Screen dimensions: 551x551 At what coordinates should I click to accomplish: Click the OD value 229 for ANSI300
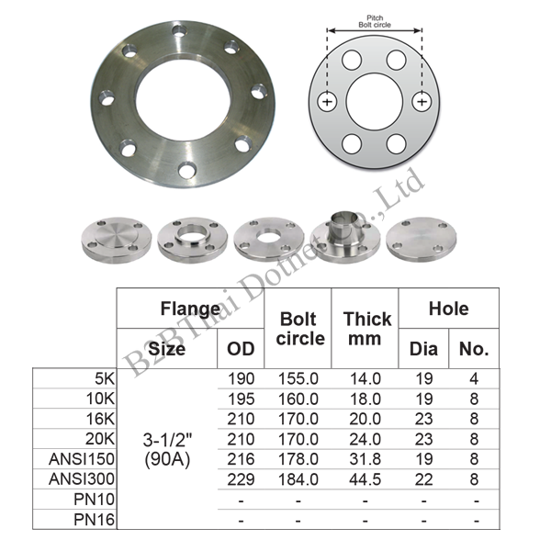241,479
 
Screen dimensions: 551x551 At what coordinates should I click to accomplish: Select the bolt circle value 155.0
298,378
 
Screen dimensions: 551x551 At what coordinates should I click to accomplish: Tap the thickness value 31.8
365,459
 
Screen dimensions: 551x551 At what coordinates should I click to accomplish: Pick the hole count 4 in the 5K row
474,378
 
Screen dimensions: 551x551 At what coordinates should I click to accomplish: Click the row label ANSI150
82,459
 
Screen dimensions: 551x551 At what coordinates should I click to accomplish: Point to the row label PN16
95,520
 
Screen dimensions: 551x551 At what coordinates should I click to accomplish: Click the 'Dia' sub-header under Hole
423,349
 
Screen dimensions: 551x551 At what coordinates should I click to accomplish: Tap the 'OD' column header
241,349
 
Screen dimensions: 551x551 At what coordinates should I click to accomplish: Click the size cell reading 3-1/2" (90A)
167,449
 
